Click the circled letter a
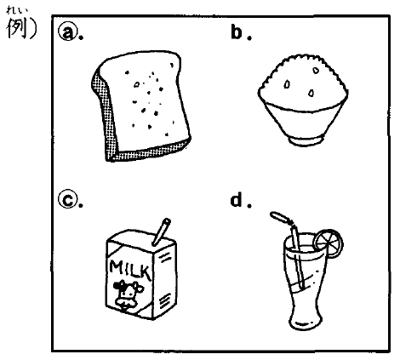tap(67, 32)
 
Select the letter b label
tap(237, 32)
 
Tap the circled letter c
tap(67, 200)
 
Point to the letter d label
tap(237, 200)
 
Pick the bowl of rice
tap(303, 100)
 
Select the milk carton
tap(142, 270)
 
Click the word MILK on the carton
tap(130, 269)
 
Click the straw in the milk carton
tap(161, 231)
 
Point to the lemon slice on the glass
tap(329, 243)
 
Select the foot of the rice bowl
tap(306, 141)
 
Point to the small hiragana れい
tap(18, 11)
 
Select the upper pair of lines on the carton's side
tap(165, 257)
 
